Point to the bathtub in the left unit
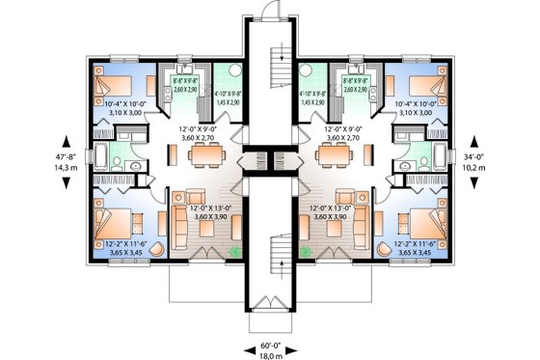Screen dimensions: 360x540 point(100,157)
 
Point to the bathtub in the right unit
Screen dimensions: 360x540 point(440,157)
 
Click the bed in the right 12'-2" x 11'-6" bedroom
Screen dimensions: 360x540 point(424,220)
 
